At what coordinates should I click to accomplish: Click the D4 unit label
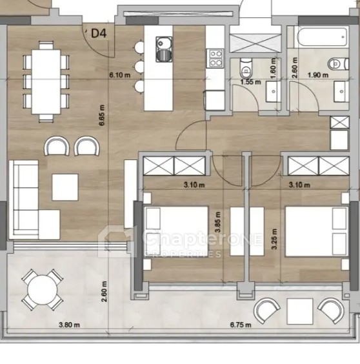click(x=99, y=33)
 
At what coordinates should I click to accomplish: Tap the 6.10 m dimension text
click(x=120, y=76)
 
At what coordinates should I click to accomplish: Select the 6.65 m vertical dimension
click(x=102, y=115)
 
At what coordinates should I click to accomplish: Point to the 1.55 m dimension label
click(x=251, y=82)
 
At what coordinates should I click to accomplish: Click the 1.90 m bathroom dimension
click(x=318, y=76)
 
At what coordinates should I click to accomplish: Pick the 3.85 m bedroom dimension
click(x=217, y=222)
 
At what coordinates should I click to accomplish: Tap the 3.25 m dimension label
click(x=275, y=239)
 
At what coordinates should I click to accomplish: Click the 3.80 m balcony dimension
click(x=70, y=325)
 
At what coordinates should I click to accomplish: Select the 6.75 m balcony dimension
click(x=241, y=325)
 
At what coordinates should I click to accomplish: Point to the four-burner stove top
click(x=216, y=58)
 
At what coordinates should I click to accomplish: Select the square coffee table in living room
click(x=65, y=187)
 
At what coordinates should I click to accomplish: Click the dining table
click(x=46, y=81)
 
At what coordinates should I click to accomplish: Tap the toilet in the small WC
click(x=246, y=68)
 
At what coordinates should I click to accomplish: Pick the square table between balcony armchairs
click(x=300, y=311)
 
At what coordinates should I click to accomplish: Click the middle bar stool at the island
click(x=139, y=67)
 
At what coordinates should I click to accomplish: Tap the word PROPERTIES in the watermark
click(x=183, y=254)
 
